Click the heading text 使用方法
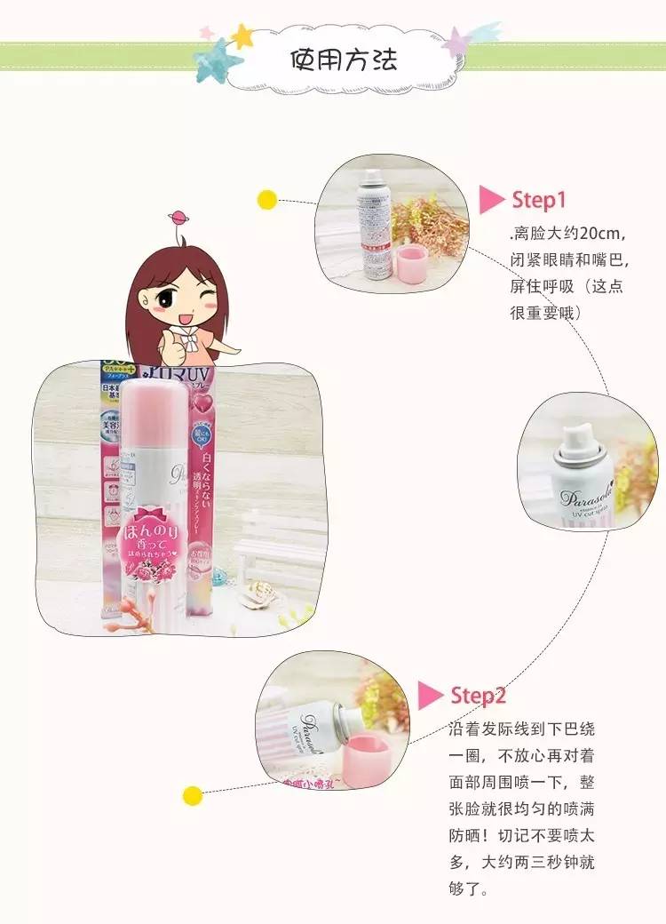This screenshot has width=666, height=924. [344, 60]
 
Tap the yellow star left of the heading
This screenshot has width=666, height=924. [242, 36]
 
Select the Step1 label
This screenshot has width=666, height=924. [538, 200]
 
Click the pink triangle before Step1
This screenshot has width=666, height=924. [491, 200]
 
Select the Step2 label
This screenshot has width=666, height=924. [478, 695]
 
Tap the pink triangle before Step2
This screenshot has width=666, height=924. [431, 695]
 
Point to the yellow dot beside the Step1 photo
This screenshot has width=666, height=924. [266, 199]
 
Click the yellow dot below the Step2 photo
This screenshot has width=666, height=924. [190, 793]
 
